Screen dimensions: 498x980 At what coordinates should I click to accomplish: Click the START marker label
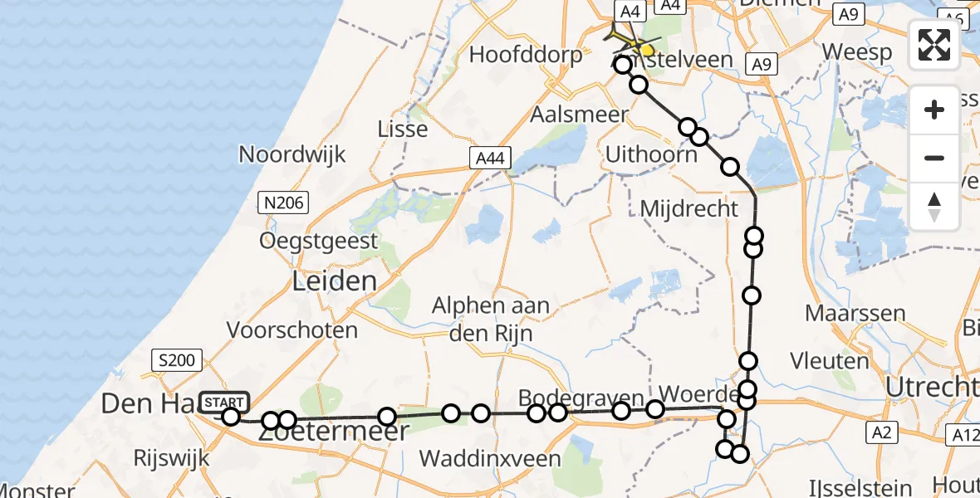(223, 402)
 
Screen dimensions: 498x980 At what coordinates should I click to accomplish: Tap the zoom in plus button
(934, 110)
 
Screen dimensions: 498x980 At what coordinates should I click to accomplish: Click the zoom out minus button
(934, 158)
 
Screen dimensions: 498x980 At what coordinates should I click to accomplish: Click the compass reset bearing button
(934, 206)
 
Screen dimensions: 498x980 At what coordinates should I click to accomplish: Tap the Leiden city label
(334, 281)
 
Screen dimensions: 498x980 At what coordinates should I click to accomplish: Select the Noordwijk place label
(292, 154)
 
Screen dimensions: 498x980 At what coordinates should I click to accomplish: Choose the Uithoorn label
(651, 154)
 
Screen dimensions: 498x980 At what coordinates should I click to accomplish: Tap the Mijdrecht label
(689, 208)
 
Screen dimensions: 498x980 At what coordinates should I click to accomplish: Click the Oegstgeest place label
(318, 241)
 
